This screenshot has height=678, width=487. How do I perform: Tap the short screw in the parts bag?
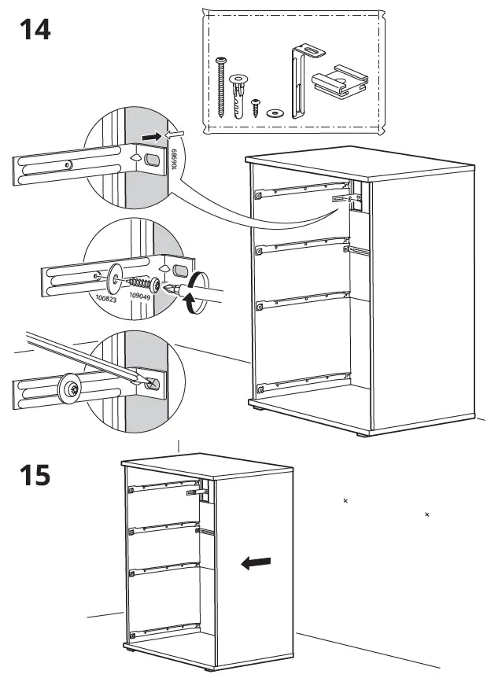pyautogui.click(x=256, y=107)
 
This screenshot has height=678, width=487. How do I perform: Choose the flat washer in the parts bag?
pyautogui.click(x=275, y=112)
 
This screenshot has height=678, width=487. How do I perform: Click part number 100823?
pyautogui.click(x=105, y=299)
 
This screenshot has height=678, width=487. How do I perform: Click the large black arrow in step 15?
pyautogui.click(x=256, y=562)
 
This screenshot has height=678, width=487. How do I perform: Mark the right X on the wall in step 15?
pyautogui.click(x=427, y=514)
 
